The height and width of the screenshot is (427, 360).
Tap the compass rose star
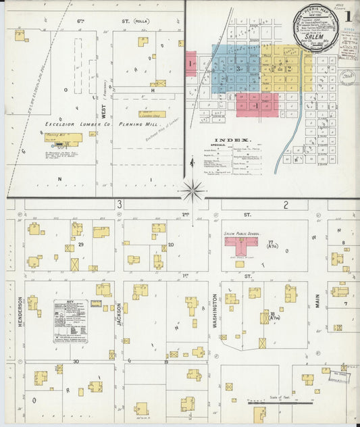click(x=193, y=191)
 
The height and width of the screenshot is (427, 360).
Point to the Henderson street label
click(x=20, y=311)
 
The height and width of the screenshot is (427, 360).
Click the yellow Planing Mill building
click(x=63, y=139)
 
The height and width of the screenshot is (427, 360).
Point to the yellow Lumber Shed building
click(x=152, y=114)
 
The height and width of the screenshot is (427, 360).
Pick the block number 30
click(x=76, y=361)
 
